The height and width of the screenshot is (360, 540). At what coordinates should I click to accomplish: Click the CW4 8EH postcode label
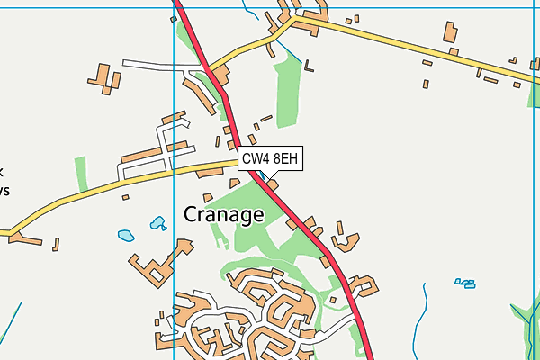pyautogui.click(x=269, y=159)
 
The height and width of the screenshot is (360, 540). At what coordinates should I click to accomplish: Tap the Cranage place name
pyautogui.click(x=224, y=214)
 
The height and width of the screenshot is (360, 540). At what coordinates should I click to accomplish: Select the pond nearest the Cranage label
pyautogui.click(x=158, y=222)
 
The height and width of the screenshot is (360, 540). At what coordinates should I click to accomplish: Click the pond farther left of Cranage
pyautogui.click(x=125, y=236)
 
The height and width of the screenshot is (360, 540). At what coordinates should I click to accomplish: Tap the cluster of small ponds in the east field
pyautogui.click(x=464, y=283)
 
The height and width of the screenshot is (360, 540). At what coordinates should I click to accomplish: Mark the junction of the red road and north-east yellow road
pyautogui.click(x=211, y=70)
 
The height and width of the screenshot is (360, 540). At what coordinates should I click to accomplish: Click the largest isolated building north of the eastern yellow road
pyautogui.click(x=450, y=32)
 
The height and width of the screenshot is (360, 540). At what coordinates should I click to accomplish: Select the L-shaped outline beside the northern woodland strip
pyautogui.click(x=310, y=65)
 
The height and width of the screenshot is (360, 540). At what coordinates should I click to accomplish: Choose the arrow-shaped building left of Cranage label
pyautogui.click(x=184, y=246)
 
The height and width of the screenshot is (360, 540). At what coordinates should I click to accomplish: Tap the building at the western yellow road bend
pyautogui.click(x=25, y=239)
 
